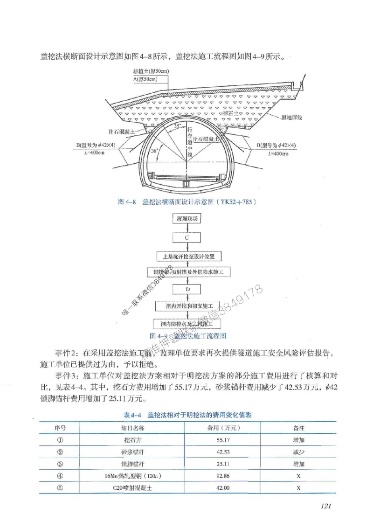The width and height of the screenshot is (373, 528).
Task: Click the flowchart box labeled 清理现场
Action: (x=186, y=218)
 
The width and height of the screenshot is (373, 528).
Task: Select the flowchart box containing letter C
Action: (x=186, y=237)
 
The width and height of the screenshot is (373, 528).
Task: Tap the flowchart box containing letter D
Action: (x=186, y=289)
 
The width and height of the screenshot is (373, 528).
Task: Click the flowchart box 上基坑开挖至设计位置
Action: (x=186, y=256)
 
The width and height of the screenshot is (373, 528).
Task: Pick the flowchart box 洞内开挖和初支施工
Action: (x=186, y=306)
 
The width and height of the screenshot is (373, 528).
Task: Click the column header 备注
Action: (x=299, y=427)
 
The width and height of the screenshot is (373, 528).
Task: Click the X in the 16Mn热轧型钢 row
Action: (x=299, y=476)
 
